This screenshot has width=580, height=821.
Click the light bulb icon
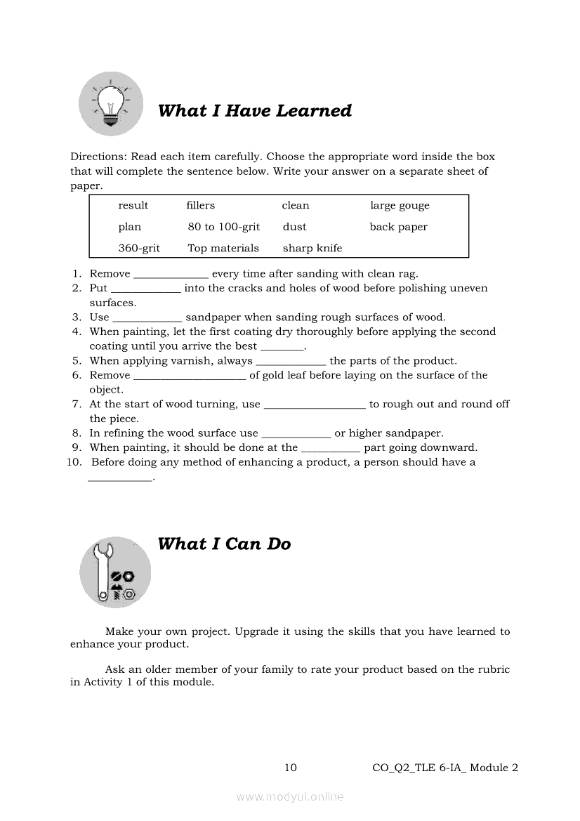point(110,104)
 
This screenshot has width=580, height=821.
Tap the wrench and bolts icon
point(114,572)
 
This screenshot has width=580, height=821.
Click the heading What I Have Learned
point(254,111)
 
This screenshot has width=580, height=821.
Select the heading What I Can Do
point(224,544)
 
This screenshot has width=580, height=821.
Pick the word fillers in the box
point(201,206)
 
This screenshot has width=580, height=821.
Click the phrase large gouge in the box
point(400,206)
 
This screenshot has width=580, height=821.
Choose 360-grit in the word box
point(139,248)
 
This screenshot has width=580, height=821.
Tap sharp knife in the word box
point(312,248)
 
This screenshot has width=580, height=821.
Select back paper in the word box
point(398,227)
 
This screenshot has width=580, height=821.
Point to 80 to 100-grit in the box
point(224,227)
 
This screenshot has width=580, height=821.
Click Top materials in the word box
point(223,248)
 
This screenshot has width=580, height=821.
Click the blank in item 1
point(171,275)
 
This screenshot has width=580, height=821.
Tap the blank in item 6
point(190,377)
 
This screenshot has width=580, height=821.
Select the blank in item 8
point(296,435)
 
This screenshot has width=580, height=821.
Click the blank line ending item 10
point(120,479)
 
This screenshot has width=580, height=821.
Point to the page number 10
point(290,768)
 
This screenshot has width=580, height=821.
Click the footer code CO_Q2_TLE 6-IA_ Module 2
point(445,768)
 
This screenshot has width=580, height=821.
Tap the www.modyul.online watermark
point(290,796)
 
